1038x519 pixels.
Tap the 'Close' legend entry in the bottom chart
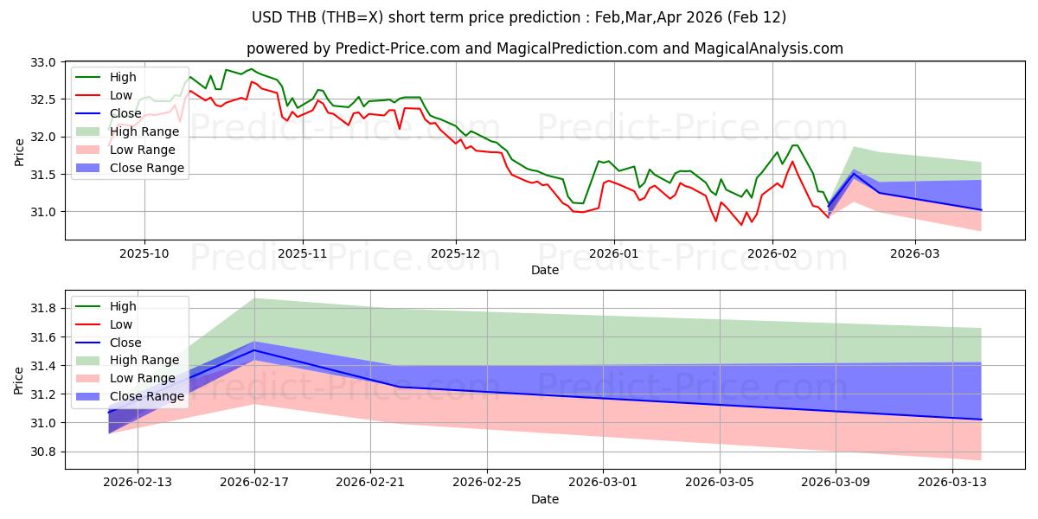coord(125,343)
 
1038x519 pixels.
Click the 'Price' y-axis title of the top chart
coord(20,152)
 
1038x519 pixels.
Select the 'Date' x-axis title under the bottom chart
coord(545,499)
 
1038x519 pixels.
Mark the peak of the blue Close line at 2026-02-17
coord(254,349)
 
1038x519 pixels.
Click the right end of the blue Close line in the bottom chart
coord(981,420)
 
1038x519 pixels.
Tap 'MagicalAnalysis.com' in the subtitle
coord(773,48)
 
